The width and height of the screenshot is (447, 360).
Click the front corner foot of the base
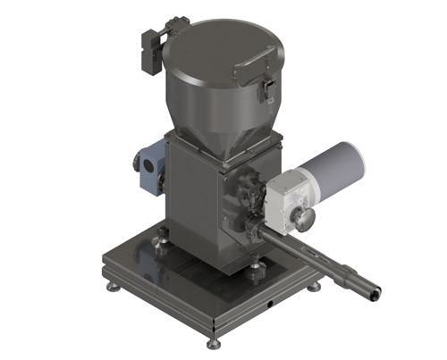[213, 343]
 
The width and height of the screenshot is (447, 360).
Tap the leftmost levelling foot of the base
[109, 289]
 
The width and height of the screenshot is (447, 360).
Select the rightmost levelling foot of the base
[316, 288]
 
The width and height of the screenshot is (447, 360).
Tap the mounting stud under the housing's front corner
[257, 265]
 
